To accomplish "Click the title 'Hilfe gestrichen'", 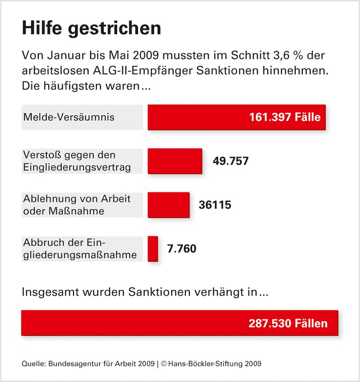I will tap(91, 29).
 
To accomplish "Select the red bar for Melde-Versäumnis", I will tap(197, 117).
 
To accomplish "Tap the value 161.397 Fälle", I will tap(285, 117).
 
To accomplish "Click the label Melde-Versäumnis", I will tap(68, 117).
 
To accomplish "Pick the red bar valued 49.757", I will tap(175, 161).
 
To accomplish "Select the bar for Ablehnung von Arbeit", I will tap(169, 205).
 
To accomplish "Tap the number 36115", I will tap(215, 205).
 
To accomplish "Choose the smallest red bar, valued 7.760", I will tap(153, 249).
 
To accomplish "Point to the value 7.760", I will tap(182, 249).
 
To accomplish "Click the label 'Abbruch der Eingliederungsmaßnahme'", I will tap(80, 249).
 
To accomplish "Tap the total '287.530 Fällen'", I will tap(288, 323).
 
